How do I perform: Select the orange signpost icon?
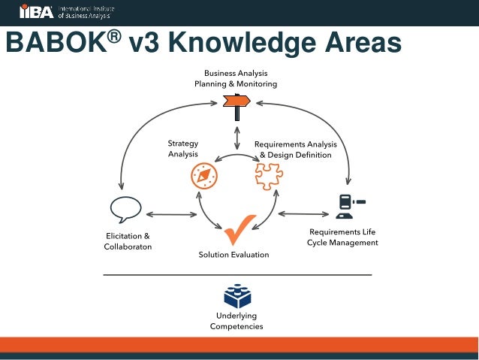coord(238,105)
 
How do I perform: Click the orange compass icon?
coord(203,177)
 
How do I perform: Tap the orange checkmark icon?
coord(238,228)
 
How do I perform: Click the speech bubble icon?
coord(125,207)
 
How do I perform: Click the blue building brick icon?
coord(237,296)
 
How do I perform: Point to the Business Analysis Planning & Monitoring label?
coord(236,79)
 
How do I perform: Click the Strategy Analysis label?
coord(182,148)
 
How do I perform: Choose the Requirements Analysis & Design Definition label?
coord(295,149)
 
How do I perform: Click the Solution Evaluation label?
coord(233,255)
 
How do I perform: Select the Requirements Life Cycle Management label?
coord(342,237)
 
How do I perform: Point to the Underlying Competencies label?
coord(236,321)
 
